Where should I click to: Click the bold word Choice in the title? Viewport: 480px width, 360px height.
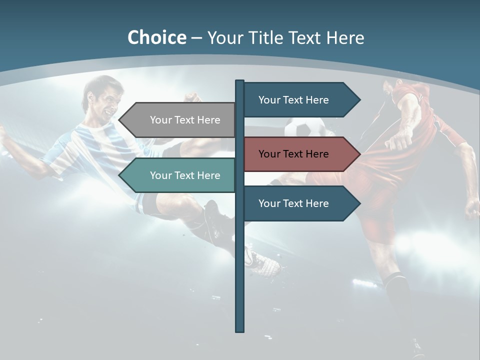[x=156, y=37]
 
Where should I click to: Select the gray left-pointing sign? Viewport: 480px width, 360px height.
[x=180, y=120]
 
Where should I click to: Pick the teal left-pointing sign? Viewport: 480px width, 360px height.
[x=180, y=175]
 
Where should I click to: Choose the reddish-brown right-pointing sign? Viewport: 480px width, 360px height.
[x=297, y=154]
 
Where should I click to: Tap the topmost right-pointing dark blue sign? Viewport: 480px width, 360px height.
[x=297, y=100]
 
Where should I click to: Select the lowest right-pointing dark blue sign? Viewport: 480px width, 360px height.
[x=297, y=203]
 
